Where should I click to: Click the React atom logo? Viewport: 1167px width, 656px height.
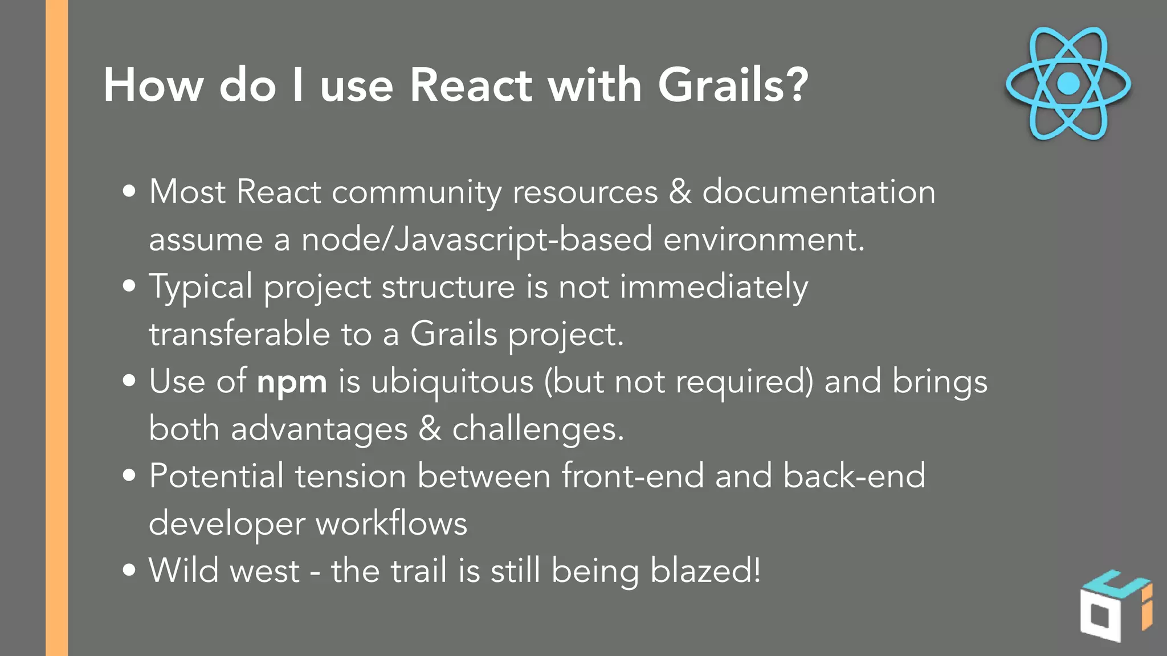point(1068,83)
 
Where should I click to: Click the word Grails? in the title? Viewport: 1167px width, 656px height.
point(733,85)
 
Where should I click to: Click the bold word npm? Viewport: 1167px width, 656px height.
point(292,382)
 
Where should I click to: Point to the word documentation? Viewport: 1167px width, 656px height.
point(818,192)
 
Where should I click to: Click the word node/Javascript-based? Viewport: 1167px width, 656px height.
point(476,239)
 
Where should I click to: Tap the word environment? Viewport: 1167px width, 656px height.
point(764,239)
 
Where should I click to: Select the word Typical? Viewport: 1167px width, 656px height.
point(201,286)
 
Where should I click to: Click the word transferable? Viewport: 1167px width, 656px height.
point(239,334)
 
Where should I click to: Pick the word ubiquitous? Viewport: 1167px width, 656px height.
point(452,382)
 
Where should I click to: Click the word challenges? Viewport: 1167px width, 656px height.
point(537,429)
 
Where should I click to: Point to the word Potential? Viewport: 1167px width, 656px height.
point(217,476)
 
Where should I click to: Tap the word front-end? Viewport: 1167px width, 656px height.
point(633,476)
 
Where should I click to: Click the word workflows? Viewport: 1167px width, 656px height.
point(391,523)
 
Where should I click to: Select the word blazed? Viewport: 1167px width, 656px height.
point(705,571)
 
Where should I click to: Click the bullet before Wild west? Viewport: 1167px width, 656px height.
point(129,570)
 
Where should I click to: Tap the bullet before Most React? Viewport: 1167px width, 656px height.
point(129,191)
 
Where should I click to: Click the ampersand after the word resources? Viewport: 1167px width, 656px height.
point(680,192)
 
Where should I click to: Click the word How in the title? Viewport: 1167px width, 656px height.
point(153,85)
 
